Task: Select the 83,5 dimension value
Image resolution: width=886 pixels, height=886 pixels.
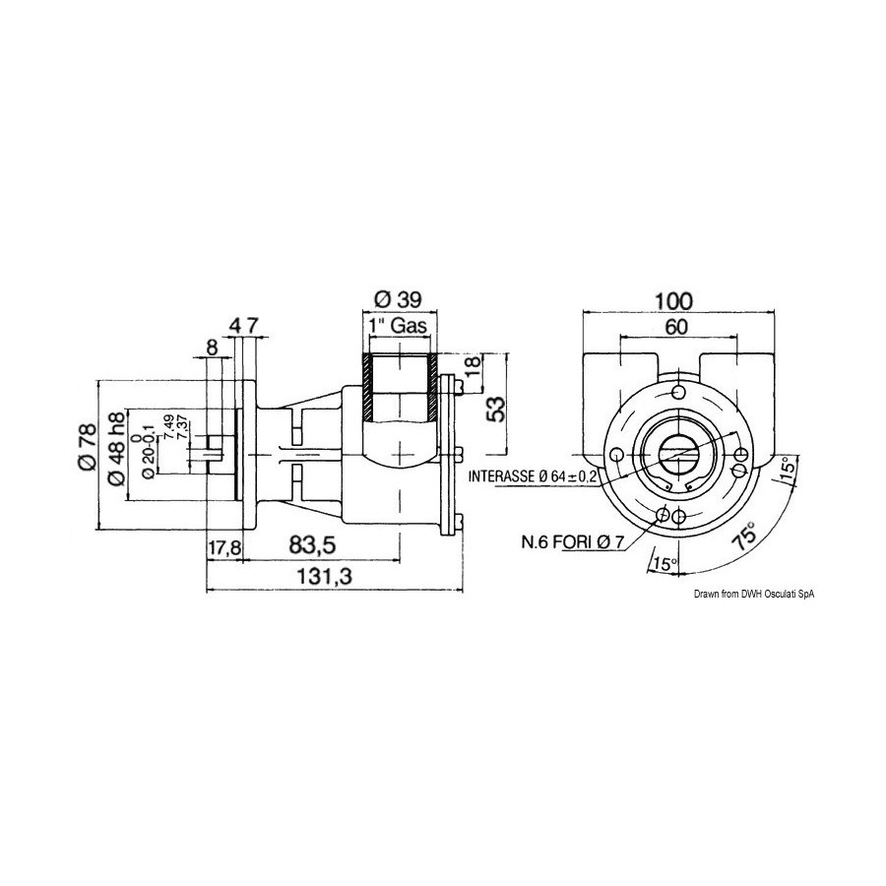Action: (x=312, y=545)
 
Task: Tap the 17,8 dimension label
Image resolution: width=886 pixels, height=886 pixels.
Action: (x=224, y=546)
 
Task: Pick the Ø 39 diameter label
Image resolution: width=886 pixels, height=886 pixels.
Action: (x=400, y=298)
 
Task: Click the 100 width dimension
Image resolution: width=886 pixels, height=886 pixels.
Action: (x=673, y=301)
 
